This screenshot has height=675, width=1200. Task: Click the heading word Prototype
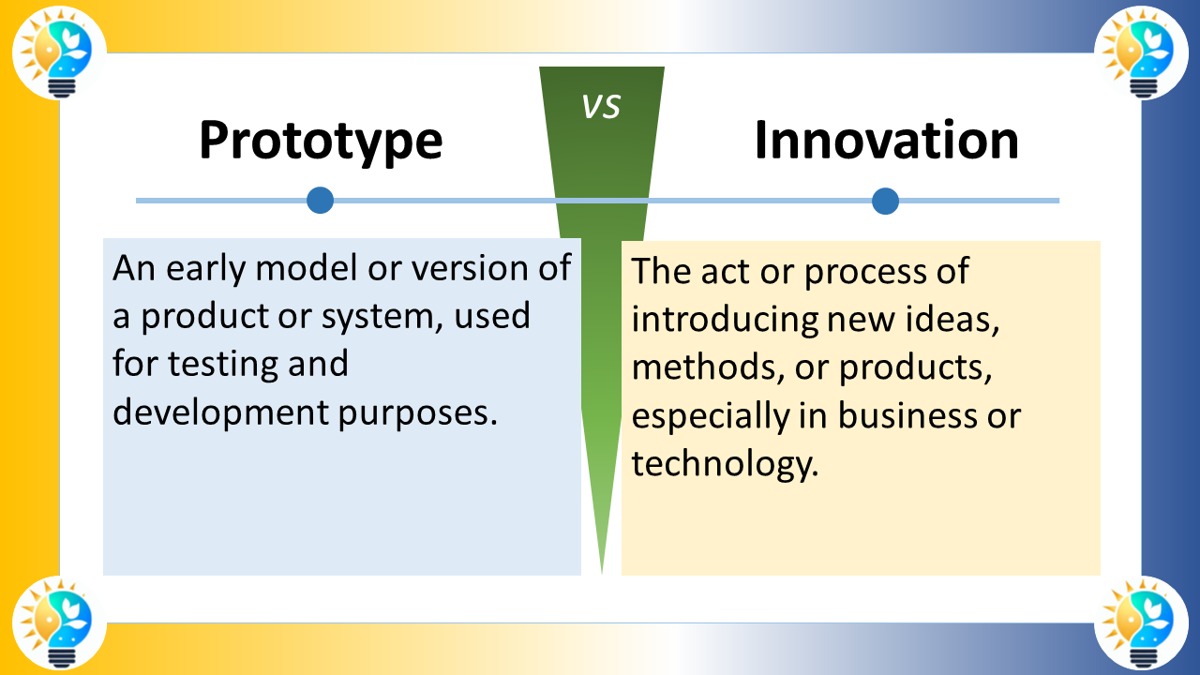[321, 141]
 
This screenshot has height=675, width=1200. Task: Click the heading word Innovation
[886, 141]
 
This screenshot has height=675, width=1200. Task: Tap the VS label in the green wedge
[601, 107]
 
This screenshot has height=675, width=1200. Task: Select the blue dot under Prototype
[321, 200]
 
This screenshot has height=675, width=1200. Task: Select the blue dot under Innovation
[885, 201]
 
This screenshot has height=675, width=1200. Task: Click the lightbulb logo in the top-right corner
[1141, 52]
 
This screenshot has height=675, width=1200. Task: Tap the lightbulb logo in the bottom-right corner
[1141, 622]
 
